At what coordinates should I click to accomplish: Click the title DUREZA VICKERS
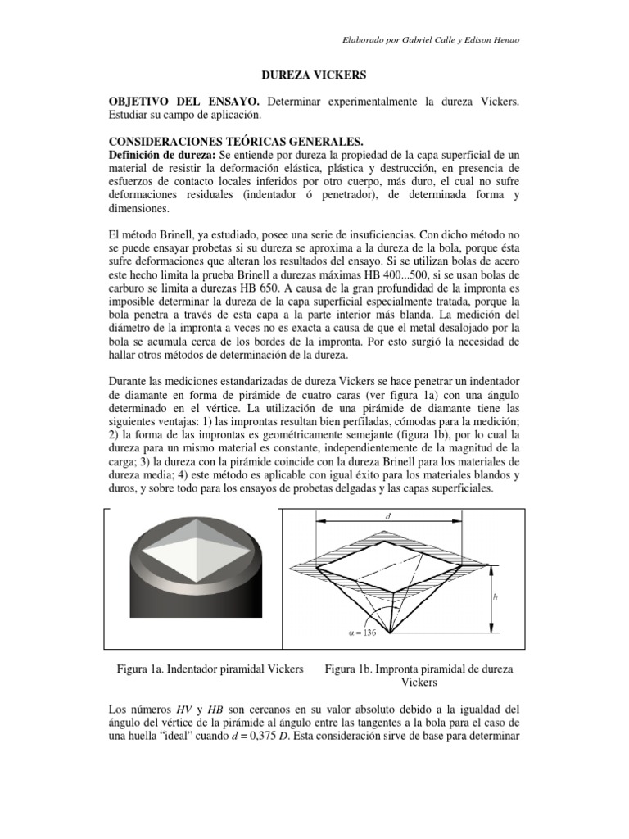coord(314,75)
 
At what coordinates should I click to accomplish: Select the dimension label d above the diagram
coord(386,516)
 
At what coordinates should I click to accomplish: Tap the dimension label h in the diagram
coord(496,597)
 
